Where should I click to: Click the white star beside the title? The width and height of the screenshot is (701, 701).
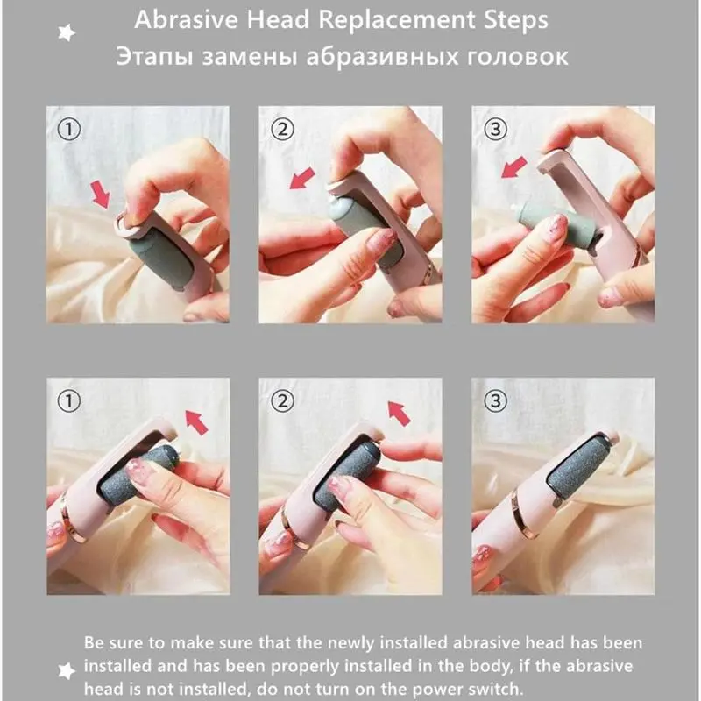(67, 32)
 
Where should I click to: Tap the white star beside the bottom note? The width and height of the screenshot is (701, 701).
(67, 670)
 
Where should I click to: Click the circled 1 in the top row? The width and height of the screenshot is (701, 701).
(69, 130)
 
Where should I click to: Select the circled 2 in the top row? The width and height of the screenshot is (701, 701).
(282, 130)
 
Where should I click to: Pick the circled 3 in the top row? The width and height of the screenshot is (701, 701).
(495, 130)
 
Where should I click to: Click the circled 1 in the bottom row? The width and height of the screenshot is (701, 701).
(69, 400)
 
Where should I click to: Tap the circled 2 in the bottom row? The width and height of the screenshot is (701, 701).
(282, 400)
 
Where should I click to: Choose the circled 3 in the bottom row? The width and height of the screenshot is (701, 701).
(495, 400)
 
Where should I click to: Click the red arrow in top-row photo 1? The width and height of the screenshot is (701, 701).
(101, 194)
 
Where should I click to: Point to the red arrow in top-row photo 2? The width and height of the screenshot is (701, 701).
(302, 179)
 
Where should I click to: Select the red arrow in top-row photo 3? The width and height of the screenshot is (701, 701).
(514, 167)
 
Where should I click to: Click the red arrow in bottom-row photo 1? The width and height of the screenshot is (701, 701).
(196, 422)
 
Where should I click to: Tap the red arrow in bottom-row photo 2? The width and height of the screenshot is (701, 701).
(399, 413)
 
